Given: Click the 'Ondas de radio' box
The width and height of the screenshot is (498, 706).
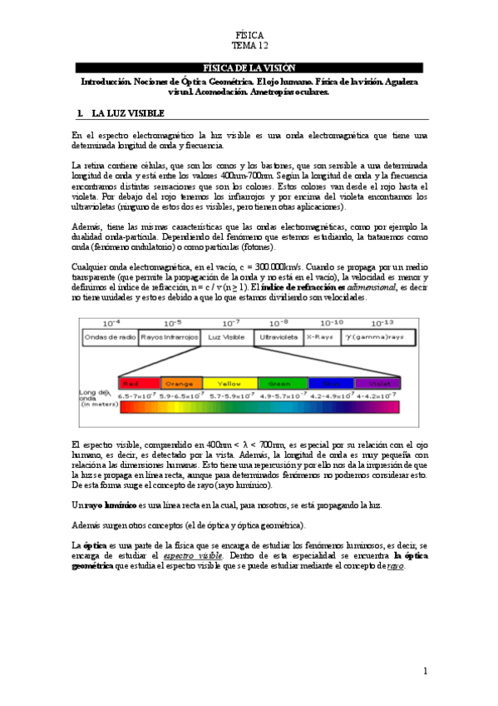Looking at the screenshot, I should (109, 338).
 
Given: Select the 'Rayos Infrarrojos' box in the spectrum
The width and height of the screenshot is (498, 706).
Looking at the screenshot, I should (170, 338).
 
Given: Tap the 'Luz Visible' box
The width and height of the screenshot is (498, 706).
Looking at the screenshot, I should (226, 338).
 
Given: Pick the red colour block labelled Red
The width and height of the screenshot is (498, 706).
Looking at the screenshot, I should (139, 383).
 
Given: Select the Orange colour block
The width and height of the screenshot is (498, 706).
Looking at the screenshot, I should (180, 383).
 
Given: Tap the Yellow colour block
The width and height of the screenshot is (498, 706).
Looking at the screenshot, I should (229, 383).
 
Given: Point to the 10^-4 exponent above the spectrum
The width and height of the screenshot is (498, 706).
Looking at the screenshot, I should (111, 322).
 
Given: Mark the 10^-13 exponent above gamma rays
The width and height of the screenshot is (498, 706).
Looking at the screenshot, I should (379, 322).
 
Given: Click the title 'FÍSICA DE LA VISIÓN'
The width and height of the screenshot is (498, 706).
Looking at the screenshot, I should (248, 67).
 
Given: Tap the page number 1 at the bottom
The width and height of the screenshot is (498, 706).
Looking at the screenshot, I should (424, 671).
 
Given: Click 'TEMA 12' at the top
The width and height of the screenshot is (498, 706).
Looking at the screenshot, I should (249, 47).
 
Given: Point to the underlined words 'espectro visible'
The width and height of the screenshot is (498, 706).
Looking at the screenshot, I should (193, 554).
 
